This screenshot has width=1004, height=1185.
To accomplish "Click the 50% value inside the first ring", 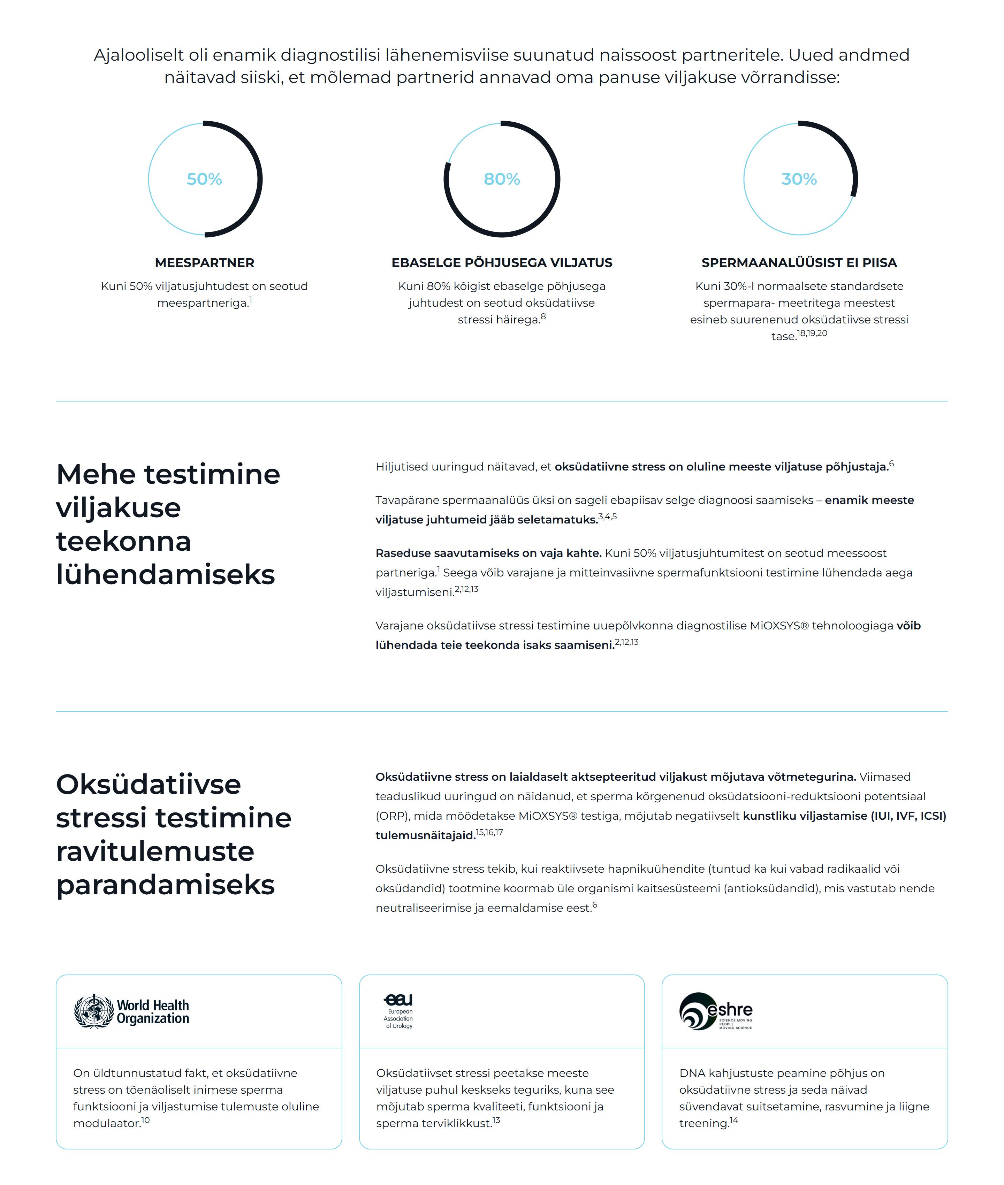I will [204, 179].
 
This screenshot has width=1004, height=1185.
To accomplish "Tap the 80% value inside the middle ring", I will [501, 179].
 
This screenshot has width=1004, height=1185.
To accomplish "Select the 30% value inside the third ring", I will [799, 179].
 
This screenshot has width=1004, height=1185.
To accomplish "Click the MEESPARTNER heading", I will [204, 263].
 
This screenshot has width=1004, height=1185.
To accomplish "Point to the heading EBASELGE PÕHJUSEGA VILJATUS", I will [501, 263].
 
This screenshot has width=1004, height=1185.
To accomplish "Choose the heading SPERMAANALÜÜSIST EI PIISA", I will [799, 263].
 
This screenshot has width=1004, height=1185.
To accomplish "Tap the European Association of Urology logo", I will [398, 1011].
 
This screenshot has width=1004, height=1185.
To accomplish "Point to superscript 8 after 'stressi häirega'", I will [543, 317].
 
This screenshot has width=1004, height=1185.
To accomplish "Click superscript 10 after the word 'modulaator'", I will [146, 1120].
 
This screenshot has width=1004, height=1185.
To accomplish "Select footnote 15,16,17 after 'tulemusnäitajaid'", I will [489, 832].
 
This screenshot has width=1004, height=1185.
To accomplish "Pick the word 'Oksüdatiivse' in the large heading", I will [149, 785].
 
